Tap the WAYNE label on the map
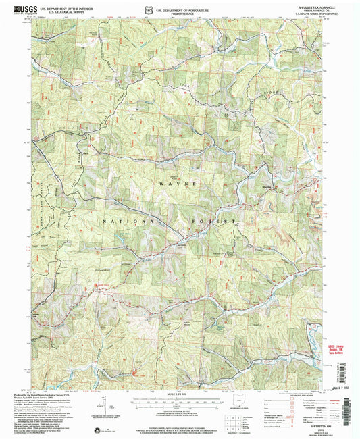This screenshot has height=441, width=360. click(x=178, y=184)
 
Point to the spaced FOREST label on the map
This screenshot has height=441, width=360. click(x=215, y=221)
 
